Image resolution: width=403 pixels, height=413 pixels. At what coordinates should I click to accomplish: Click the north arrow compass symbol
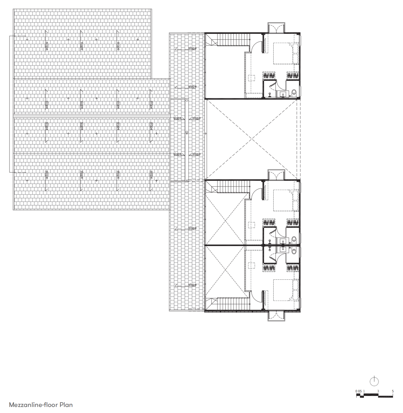374,381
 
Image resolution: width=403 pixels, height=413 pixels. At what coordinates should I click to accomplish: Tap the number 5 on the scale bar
393,391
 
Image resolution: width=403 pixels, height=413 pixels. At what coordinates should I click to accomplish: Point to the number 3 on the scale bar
378,391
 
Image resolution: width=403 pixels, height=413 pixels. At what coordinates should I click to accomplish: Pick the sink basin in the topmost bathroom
283,94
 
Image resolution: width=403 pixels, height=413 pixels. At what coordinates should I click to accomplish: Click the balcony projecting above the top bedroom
276,28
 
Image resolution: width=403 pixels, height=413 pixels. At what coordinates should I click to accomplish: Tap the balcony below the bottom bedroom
276,316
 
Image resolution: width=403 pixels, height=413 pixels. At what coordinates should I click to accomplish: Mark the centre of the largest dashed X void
251,140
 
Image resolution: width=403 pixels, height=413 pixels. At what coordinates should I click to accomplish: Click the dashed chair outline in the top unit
251,78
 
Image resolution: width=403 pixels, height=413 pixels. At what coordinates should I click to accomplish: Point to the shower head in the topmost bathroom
270,94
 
